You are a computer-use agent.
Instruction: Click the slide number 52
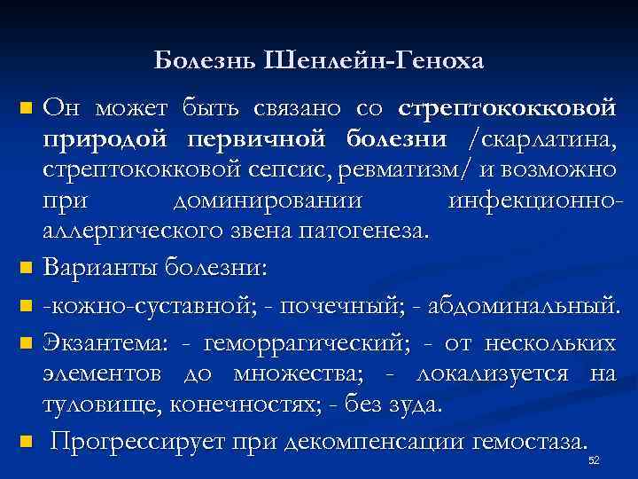(594, 461)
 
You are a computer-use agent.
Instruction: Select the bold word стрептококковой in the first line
(508, 109)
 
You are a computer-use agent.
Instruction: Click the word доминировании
(268, 200)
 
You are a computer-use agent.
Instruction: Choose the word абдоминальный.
(522, 306)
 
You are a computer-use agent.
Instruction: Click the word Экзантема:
(100, 342)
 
